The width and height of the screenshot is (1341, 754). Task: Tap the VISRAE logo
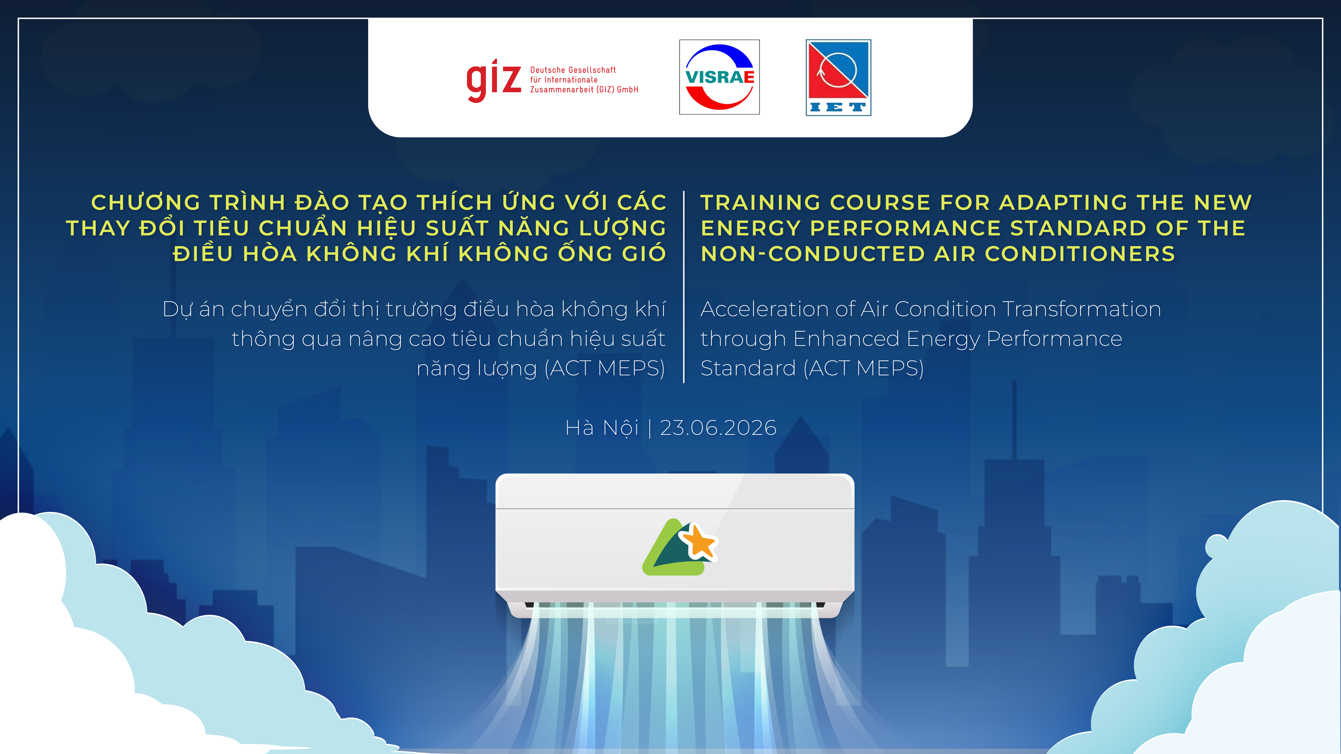click(719, 77)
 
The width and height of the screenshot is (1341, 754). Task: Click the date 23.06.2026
click(718, 428)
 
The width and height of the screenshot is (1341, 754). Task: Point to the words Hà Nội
click(602, 428)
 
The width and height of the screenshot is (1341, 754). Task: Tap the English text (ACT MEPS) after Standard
click(864, 368)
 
